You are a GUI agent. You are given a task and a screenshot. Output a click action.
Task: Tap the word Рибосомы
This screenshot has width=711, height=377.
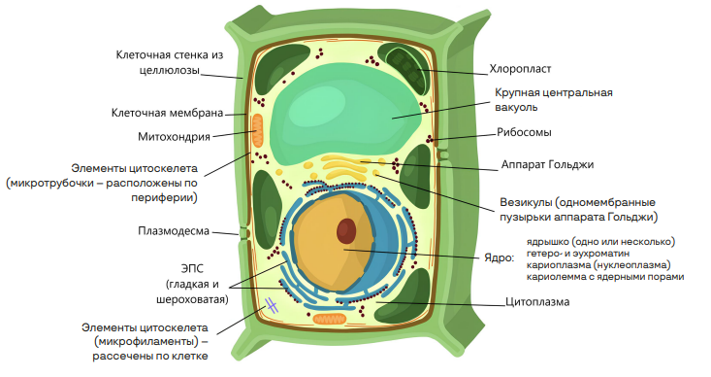pyautogui.click(x=525, y=134)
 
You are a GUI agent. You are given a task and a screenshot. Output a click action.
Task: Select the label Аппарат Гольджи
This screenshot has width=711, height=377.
pyautogui.click(x=547, y=164)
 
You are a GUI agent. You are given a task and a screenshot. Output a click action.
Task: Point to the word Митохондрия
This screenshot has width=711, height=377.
pyautogui.click(x=175, y=137)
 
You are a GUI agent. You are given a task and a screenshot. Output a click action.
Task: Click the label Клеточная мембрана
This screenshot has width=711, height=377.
pyautogui.click(x=168, y=112)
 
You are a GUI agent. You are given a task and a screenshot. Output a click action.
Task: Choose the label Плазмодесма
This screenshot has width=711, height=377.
pyautogui.click(x=171, y=230)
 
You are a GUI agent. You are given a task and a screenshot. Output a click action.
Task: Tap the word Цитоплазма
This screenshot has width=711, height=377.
pyautogui.click(x=537, y=302)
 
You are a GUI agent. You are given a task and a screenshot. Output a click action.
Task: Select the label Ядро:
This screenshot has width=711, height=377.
pyautogui.click(x=498, y=258)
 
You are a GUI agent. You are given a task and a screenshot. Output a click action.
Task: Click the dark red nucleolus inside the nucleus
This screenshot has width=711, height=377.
pyautogui.click(x=346, y=231)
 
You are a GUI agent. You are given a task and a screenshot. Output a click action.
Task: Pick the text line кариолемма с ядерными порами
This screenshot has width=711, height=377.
pyautogui.click(x=604, y=276)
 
